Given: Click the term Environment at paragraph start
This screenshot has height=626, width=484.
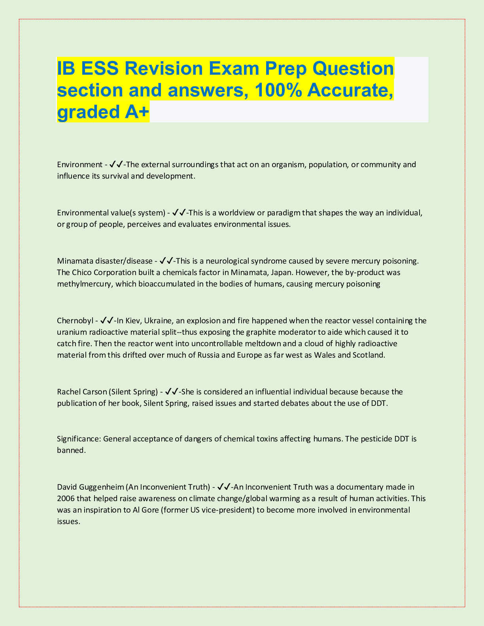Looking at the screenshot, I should point(79,164).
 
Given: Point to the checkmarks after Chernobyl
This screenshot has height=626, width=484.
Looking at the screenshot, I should point(107,320).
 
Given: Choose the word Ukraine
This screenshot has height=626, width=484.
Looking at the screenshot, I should point(158,320).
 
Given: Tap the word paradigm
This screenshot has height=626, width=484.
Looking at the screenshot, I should point(283,213).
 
